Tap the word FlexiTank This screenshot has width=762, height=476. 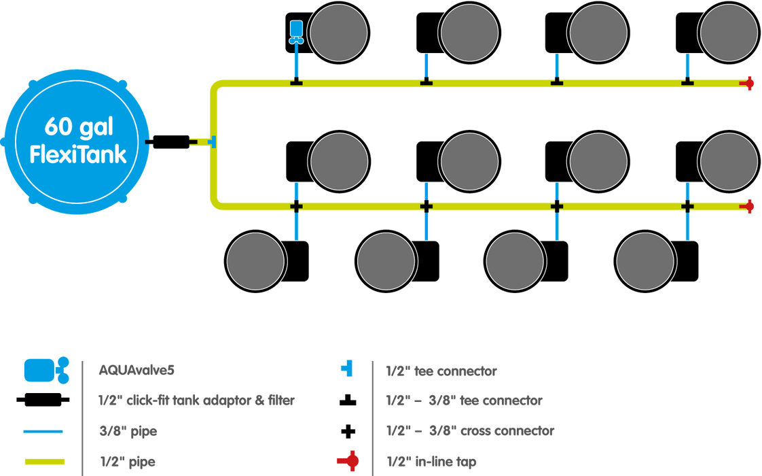click(78, 154)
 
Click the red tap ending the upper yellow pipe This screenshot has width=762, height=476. click(749, 84)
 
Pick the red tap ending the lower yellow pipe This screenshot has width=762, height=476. click(749, 205)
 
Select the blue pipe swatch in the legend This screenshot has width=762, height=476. click(43, 431)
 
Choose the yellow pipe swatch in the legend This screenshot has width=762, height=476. click(43, 461)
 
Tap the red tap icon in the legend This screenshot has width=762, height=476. click(347, 462)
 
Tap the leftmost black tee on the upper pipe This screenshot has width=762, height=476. click(296, 82)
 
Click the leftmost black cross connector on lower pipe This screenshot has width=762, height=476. click(296, 205)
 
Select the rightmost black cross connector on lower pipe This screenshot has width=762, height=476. click(687, 205)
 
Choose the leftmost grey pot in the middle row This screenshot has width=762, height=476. click(340, 161)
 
